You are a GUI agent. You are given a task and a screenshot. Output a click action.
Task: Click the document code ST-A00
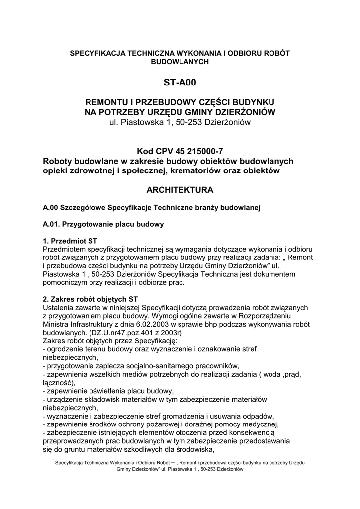click(x=180, y=82)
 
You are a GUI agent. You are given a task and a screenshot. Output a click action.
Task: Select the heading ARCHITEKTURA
click(x=180, y=190)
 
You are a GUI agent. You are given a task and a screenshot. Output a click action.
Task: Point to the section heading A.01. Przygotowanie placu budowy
click(x=103, y=224)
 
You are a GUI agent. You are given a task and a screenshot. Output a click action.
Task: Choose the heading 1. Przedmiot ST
click(x=70, y=240)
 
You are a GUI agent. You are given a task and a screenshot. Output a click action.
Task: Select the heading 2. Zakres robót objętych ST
click(x=90, y=300)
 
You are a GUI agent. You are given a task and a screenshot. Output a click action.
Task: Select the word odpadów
click(x=260, y=416)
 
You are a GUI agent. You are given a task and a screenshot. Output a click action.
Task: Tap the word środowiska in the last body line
click(x=192, y=450)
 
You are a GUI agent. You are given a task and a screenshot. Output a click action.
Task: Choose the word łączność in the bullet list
click(x=58, y=382)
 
